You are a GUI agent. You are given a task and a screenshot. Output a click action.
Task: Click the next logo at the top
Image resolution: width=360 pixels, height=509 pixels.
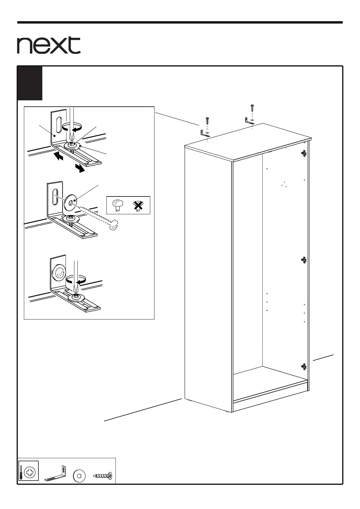click(49, 45)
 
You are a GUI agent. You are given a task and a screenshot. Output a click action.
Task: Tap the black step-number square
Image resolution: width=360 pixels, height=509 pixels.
click(30, 83)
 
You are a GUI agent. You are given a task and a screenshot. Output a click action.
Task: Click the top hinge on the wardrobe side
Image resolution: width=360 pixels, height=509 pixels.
click(304, 154)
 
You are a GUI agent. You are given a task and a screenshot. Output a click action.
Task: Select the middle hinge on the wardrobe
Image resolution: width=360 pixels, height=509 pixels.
click(304, 260)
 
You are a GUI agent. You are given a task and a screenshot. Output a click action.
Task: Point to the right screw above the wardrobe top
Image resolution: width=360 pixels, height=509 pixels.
click(252, 108)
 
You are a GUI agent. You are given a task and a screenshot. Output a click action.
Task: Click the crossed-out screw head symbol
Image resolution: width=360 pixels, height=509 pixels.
click(138, 206)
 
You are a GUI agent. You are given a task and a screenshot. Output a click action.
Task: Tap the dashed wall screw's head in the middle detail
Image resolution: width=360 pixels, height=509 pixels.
click(114, 225)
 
